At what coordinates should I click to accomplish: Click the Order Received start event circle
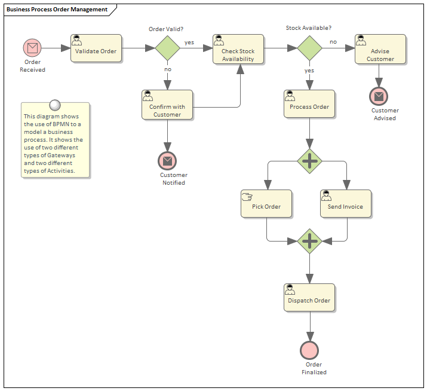click(32, 48)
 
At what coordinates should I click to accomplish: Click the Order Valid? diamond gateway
click(167, 48)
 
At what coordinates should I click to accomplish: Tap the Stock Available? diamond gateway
click(309, 48)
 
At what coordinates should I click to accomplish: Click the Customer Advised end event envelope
click(379, 96)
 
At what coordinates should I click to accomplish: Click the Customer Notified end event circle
click(167, 160)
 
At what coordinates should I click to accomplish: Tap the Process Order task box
click(309, 105)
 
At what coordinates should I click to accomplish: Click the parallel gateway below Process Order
click(309, 161)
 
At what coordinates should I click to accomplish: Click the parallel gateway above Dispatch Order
click(309, 241)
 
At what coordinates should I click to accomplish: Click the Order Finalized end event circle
click(309, 350)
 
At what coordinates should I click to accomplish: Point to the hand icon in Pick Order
click(247, 195)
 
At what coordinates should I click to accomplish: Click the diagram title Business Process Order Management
click(57, 10)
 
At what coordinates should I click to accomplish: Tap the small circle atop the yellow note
click(55, 105)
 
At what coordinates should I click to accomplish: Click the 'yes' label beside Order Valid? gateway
click(189, 42)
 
